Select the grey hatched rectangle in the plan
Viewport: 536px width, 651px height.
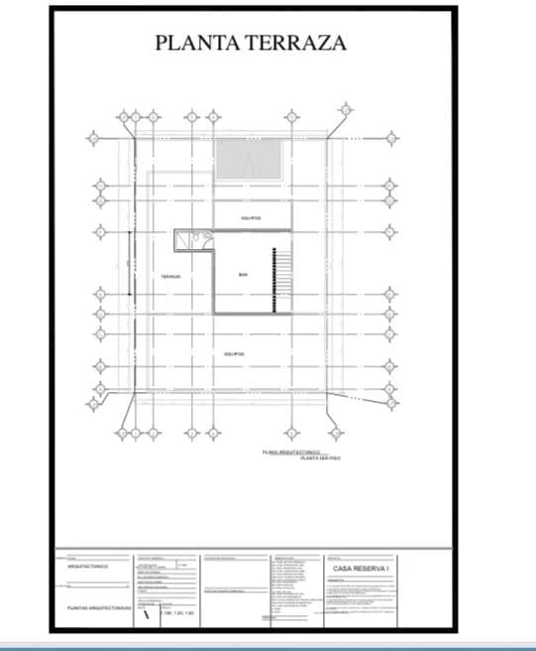click(248, 159)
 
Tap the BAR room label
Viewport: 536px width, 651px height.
click(243, 275)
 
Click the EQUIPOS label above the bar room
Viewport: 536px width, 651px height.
click(251, 218)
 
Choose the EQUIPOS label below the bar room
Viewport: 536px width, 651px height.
click(234, 353)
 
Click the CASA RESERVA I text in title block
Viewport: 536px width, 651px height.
click(360, 569)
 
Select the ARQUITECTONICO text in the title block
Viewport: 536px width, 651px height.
click(88, 567)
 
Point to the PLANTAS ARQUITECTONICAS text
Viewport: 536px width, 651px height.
click(93, 606)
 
